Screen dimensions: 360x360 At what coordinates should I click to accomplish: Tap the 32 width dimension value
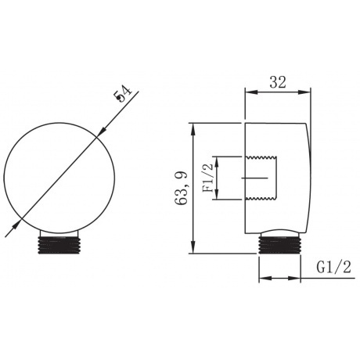click(278, 82)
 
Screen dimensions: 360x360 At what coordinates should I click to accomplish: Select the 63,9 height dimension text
click(182, 188)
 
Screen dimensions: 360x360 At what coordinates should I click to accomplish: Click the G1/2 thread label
click(334, 267)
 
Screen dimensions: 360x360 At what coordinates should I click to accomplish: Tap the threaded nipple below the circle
click(59, 245)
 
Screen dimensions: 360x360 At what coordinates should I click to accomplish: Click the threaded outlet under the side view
click(279, 244)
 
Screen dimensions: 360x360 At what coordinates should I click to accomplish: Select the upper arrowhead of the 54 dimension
click(103, 131)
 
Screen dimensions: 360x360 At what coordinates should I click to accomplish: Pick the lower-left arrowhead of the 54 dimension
click(16, 225)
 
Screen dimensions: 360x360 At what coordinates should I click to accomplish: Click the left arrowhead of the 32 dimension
click(251, 92)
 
